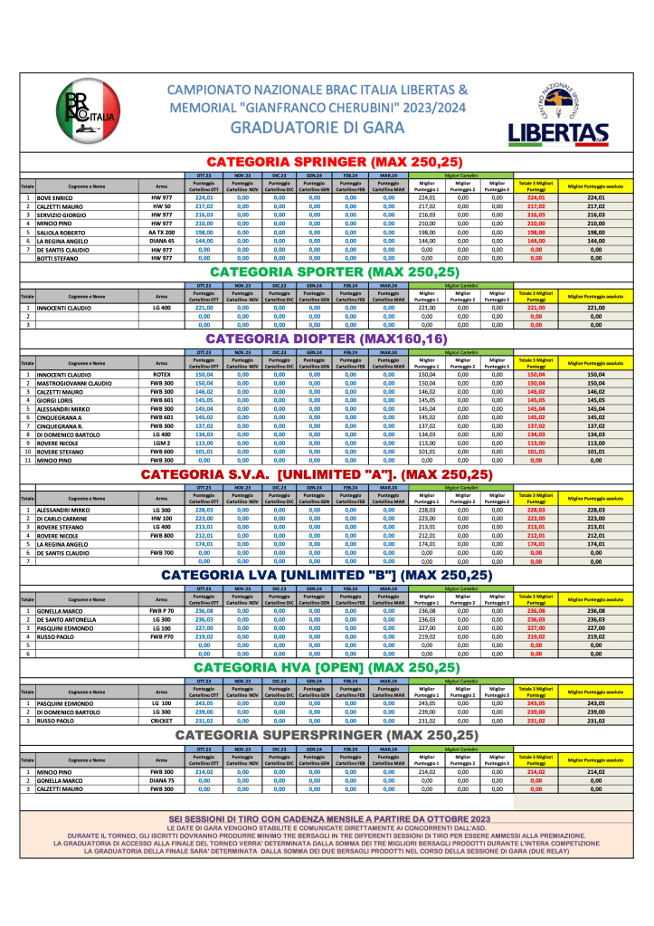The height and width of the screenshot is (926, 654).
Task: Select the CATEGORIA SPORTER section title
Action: coord(335,272)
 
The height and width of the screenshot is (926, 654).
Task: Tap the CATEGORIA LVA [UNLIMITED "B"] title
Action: coord(327,575)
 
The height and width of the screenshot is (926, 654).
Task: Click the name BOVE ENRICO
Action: coord(55,197)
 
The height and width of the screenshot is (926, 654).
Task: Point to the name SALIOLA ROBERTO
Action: coord(61,233)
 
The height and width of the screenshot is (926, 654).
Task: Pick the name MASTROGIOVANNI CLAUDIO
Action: coord(74,383)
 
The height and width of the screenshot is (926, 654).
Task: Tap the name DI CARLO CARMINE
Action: coord(64,519)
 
